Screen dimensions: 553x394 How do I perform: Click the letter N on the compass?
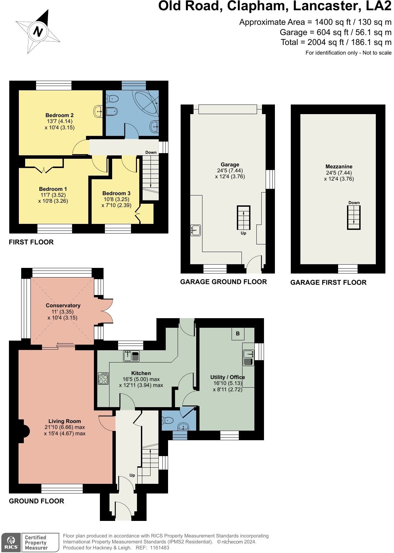[x=38, y=32]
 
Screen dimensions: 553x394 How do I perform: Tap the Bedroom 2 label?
[x=60, y=115]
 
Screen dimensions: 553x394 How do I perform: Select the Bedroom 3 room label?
[x=116, y=193]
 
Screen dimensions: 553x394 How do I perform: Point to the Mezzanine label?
[x=339, y=167]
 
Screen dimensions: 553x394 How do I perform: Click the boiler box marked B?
[x=238, y=334]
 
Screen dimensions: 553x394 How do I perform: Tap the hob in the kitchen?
[x=103, y=378]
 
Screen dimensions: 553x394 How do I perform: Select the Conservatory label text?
[x=63, y=306]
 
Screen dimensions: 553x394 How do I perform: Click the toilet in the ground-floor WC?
[x=168, y=421]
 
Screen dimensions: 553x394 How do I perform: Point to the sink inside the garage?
[x=196, y=230]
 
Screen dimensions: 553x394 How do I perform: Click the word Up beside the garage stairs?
[x=243, y=233]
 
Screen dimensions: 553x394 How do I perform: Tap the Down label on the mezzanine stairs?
[x=354, y=203]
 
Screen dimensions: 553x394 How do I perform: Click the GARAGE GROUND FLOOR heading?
[x=223, y=282]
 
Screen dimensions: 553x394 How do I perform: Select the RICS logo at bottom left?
[x=11, y=542]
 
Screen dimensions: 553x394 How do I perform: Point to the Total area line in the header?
[x=336, y=42]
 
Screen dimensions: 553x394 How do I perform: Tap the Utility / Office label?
[x=228, y=377]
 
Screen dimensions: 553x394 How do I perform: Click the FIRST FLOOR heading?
[x=31, y=242]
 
